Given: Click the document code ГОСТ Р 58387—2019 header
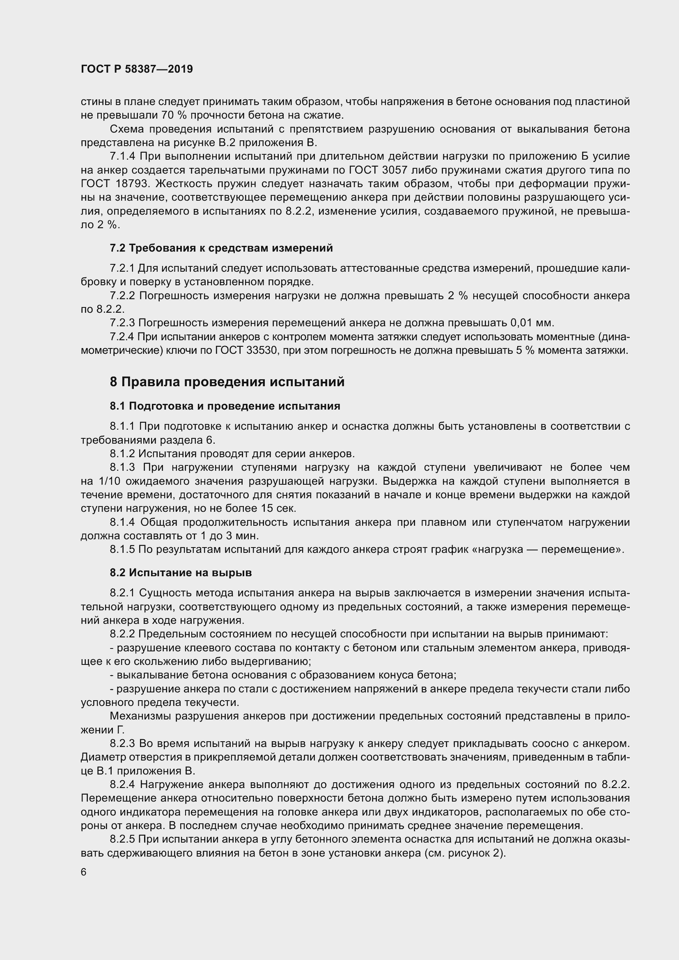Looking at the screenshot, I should (x=137, y=69).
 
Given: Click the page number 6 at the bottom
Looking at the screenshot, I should (x=84, y=872).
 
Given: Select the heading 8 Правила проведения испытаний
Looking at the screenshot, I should (x=227, y=382).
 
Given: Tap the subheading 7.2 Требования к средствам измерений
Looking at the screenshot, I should (x=221, y=248).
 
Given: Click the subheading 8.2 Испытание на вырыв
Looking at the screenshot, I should (x=181, y=573).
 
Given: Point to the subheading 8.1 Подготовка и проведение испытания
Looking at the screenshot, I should (x=225, y=406).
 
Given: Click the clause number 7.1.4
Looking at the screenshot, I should (x=122, y=156).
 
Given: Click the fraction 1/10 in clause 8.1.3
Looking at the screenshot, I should (x=110, y=481).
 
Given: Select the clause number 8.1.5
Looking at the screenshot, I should (x=122, y=550).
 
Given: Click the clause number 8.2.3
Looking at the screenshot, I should (x=122, y=743).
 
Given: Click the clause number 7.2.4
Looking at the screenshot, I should (x=122, y=337).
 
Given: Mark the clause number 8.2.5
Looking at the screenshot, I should (x=122, y=839).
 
